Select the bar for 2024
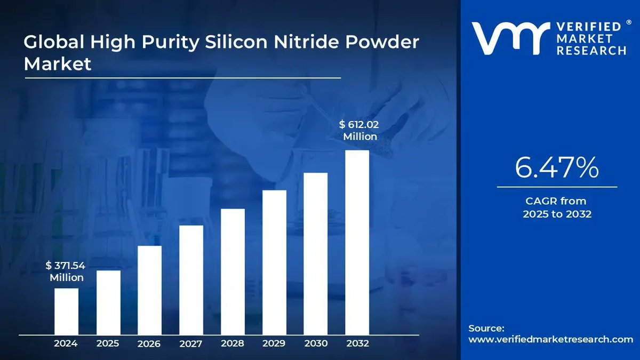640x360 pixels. click(66, 311)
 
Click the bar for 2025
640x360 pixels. click(108, 302)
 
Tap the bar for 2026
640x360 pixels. click(149, 290)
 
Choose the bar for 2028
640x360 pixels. click(233, 271)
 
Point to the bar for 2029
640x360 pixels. click(274, 262)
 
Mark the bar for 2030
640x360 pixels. click(315, 254)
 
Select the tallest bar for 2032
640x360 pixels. click(357, 242)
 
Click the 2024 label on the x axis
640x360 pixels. click(66, 343)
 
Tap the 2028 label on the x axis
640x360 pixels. click(232, 343)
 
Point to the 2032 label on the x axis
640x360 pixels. click(357, 343)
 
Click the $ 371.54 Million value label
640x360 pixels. click(66, 271)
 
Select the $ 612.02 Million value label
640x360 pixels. click(359, 130)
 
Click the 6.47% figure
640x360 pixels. click(557, 168)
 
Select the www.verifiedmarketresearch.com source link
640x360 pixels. click(551, 339)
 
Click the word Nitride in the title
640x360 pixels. click(317, 43)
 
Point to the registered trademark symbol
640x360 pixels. click(629, 22)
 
